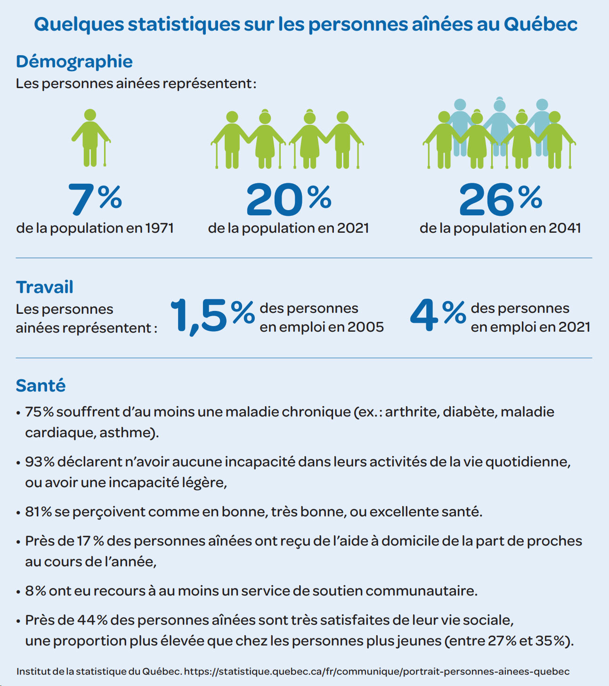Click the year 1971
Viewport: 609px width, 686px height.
160,228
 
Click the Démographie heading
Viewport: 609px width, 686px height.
74,61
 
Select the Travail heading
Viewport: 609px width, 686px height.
45,287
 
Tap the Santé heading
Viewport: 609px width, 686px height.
41,385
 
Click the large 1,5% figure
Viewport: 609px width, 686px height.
212,316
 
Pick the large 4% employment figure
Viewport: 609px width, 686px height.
438,315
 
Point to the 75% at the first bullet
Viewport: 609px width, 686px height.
39,412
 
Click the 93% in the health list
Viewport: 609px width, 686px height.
40,462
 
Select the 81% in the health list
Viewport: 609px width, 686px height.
38,512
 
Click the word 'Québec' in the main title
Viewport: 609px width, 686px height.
541,24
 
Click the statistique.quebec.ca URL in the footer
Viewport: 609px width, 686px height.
376,671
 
